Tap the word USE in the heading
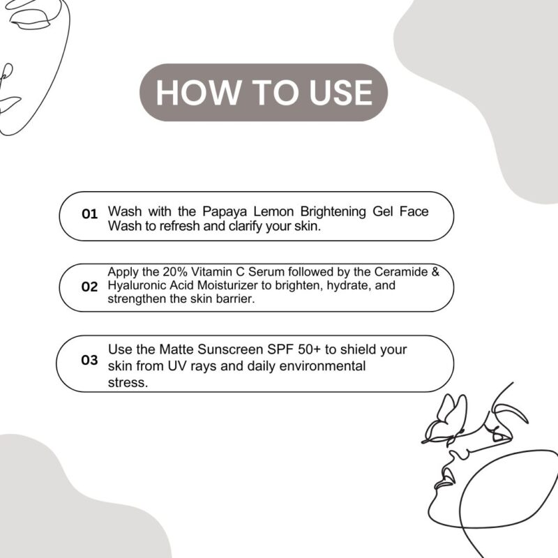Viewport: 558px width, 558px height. tap(340, 93)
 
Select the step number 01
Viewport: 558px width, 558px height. tap(89, 214)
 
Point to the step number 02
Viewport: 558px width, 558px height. tap(89, 287)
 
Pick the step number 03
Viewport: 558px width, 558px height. tap(89, 360)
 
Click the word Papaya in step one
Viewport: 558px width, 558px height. tap(225, 212)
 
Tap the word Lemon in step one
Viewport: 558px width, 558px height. tap(273, 211)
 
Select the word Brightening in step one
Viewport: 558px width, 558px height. tap(333, 212)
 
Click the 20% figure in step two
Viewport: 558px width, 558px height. tap(175, 272)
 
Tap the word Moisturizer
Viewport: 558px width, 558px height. tap(227, 285)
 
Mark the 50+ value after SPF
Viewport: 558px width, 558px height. tap(310, 349)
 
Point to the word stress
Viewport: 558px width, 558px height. tap(128, 383)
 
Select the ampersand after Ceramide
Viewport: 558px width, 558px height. tap(435, 272)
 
